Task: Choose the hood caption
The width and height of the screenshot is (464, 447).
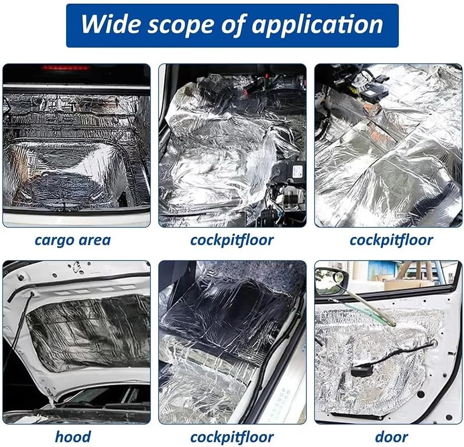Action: (x=73, y=437)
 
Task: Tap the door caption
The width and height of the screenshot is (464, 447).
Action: (x=392, y=437)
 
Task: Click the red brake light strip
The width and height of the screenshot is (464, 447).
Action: (x=66, y=68)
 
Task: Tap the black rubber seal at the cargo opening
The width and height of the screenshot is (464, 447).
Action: (x=76, y=211)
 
